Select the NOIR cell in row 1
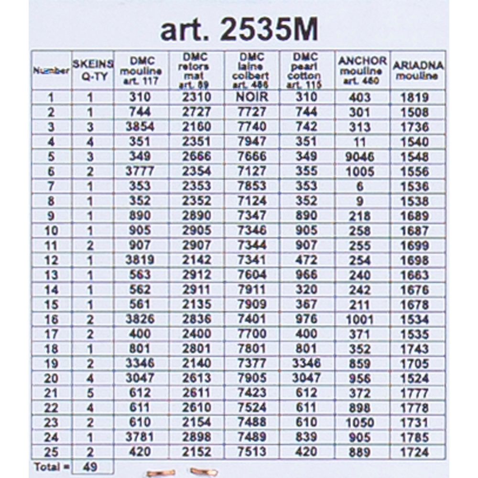click(x=252, y=97)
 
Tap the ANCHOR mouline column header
click(x=362, y=71)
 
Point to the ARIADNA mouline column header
click(x=417, y=70)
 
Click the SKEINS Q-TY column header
click(x=93, y=70)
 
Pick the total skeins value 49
click(x=90, y=467)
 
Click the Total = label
click(x=51, y=467)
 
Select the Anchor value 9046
click(x=360, y=156)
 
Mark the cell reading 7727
click(x=252, y=112)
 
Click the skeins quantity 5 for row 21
click(x=90, y=393)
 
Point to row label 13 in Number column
click(x=51, y=275)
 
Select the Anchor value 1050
click(x=360, y=423)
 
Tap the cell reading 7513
click(x=252, y=452)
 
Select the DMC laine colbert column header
click(x=252, y=70)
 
